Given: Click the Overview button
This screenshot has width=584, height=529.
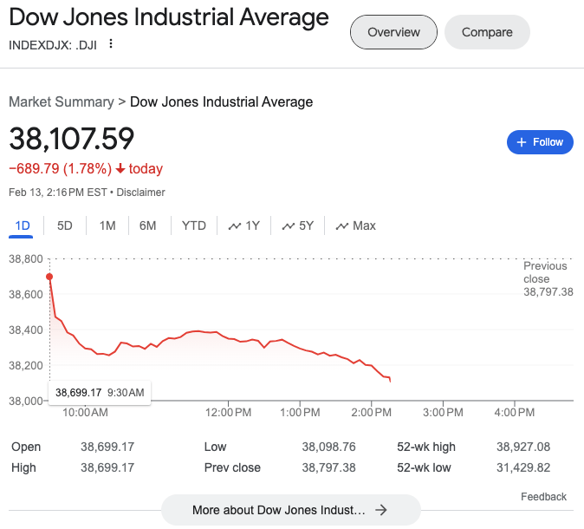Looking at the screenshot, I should pyautogui.click(x=393, y=33).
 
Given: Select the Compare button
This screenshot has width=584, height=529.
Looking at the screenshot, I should pyautogui.click(x=487, y=33).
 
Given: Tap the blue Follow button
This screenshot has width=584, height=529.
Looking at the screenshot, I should pyautogui.click(x=540, y=142).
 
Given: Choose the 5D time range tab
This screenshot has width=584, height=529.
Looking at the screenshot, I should pyautogui.click(x=65, y=225).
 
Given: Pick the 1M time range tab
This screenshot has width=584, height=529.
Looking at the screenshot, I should pyautogui.click(x=107, y=225).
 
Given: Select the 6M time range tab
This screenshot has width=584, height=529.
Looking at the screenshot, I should pyautogui.click(x=148, y=225).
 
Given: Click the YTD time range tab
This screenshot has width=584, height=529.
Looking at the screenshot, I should pyautogui.click(x=194, y=225).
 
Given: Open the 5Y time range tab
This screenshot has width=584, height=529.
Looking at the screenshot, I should pyautogui.click(x=298, y=225).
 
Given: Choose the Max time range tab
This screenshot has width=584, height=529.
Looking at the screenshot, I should pyautogui.click(x=355, y=225).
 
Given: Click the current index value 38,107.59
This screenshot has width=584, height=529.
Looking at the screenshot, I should pyautogui.click(x=72, y=139).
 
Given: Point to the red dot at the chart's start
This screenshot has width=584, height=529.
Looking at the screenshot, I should pyautogui.click(x=49, y=277).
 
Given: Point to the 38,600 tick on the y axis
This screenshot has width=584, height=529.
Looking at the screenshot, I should pyautogui.click(x=25, y=295).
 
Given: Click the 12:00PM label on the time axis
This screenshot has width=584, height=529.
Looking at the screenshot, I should pyautogui.click(x=229, y=412).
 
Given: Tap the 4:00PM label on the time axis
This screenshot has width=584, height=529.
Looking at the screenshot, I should pyautogui.click(x=514, y=412).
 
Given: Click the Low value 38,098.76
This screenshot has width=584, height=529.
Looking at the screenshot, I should pyautogui.click(x=328, y=447).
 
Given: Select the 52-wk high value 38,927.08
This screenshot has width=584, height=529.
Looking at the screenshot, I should pyautogui.click(x=524, y=447).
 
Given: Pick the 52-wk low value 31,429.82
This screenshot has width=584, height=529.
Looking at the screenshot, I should pyautogui.click(x=524, y=467).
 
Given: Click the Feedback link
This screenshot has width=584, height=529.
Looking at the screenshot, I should pyautogui.click(x=543, y=497).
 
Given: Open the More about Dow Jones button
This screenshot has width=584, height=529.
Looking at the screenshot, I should pyautogui.click(x=290, y=510).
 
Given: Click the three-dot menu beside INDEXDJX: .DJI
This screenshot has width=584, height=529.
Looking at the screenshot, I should pyautogui.click(x=111, y=44).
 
